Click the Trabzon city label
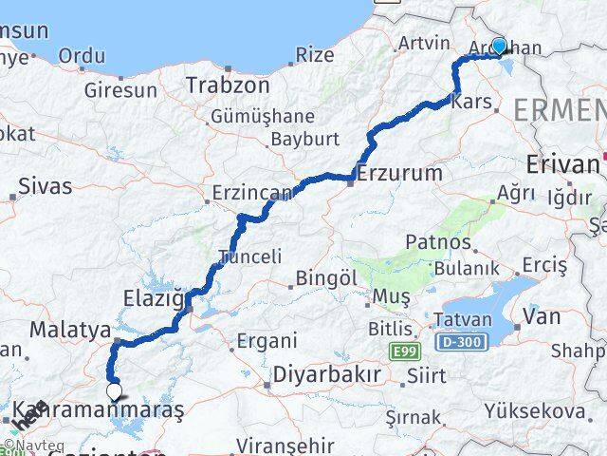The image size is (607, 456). [x=228, y=85]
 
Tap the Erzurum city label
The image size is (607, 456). [x=400, y=174]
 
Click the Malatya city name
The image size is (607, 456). [x=71, y=330]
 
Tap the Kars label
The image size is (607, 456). [x=471, y=101]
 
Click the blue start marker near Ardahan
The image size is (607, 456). [x=499, y=46]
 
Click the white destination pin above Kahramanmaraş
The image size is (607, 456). [x=114, y=390]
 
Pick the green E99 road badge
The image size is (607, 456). [x=403, y=352]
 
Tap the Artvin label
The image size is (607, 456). [x=422, y=43]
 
